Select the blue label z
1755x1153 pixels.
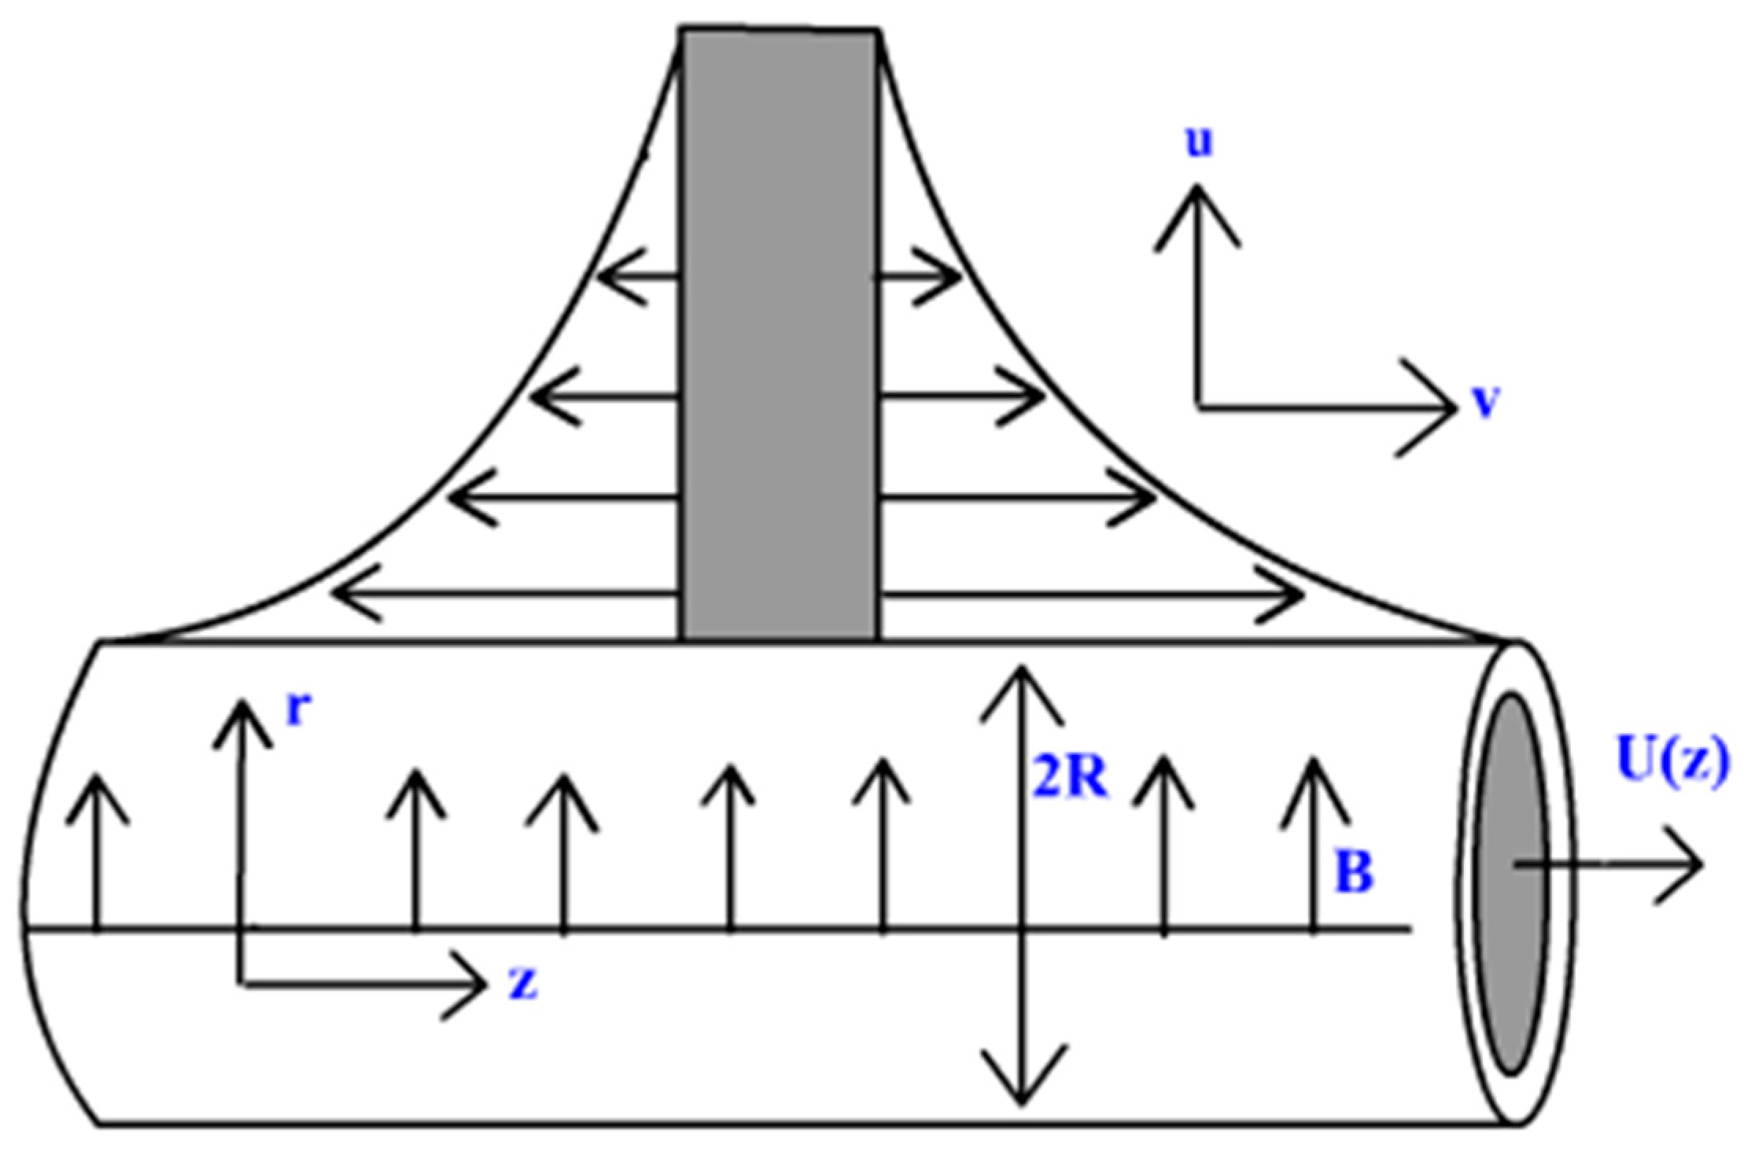point(523,982)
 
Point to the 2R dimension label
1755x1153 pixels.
point(1070,779)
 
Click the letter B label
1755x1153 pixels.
point(1354,872)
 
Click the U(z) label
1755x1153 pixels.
point(1673,761)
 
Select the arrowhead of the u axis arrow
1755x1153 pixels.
point(1196,193)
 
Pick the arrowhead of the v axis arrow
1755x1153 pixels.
point(1447,407)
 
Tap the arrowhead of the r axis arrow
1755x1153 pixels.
point(242,708)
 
